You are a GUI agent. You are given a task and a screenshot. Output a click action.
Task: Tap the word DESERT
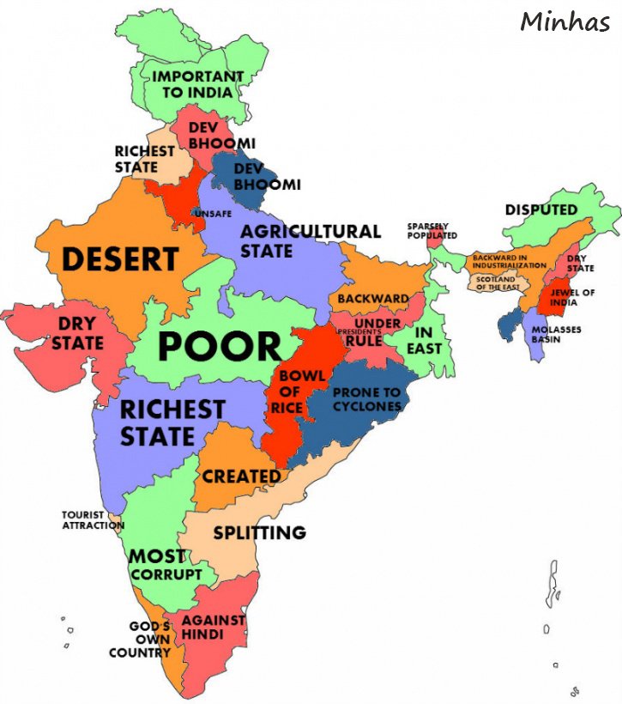(x=119, y=258)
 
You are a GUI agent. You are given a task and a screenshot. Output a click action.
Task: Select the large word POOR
(x=220, y=347)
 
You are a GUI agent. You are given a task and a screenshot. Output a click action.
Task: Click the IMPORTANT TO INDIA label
(x=197, y=83)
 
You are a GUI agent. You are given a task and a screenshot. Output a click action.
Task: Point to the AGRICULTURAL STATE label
(x=309, y=241)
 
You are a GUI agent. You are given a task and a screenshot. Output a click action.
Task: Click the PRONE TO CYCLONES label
(x=366, y=399)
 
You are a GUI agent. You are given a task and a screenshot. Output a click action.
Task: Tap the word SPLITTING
(x=259, y=532)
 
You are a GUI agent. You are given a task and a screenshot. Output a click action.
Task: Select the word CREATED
(x=241, y=476)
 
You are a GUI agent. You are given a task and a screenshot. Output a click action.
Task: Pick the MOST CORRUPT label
(x=165, y=565)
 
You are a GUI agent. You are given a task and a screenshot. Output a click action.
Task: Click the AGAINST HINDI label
(x=214, y=627)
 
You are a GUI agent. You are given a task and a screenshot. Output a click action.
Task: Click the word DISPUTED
(x=540, y=209)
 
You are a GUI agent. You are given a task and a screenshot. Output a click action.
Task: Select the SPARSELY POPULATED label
(x=432, y=231)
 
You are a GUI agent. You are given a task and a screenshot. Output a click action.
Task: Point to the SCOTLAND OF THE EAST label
(x=496, y=282)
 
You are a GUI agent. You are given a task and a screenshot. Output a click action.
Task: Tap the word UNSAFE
(x=213, y=213)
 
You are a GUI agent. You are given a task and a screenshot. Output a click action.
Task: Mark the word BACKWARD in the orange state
(x=372, y=299)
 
